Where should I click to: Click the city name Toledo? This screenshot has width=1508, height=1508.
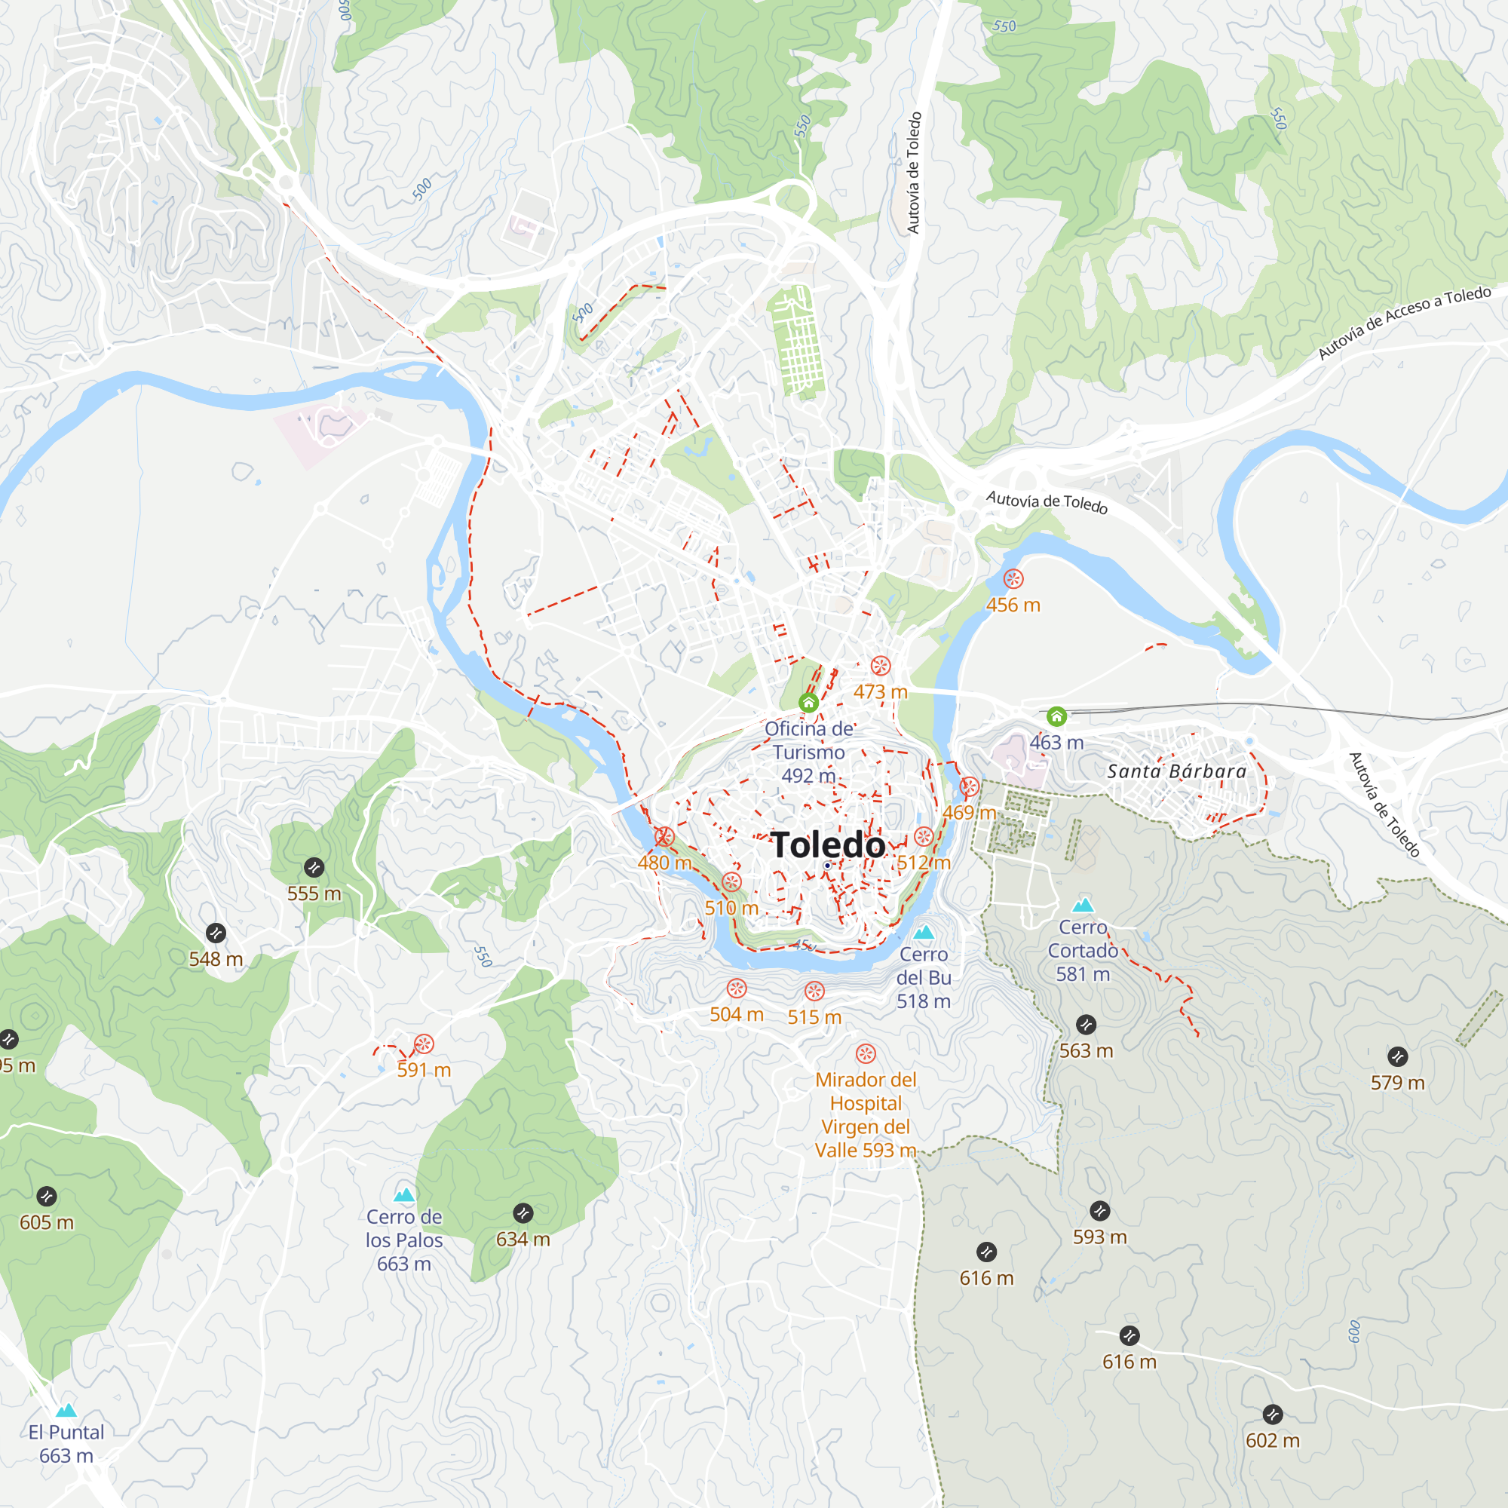[827, 845]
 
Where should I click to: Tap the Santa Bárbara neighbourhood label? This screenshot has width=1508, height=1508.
[1177, 772]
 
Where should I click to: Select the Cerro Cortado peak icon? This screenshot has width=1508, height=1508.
[1083, 906]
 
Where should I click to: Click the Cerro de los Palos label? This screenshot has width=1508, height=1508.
[403, 1240]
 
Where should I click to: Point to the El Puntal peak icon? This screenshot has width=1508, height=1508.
[66, 1411]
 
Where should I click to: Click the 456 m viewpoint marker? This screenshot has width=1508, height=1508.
[1013, 579]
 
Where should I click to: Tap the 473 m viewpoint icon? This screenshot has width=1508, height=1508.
[881, 666]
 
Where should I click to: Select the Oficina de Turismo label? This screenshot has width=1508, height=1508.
[808, 752]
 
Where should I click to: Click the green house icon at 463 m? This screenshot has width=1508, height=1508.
[1056, 716]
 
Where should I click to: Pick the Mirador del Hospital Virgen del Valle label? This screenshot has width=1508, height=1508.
[866, 1114]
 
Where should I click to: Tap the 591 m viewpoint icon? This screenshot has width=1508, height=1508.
[424, 1044]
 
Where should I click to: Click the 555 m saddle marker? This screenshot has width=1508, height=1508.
[314, 868]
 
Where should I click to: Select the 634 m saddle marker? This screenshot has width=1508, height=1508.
[523, 1213]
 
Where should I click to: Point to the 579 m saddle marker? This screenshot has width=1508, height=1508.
[1397, 1057]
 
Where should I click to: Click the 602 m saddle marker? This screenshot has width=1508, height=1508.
[1272, 1415]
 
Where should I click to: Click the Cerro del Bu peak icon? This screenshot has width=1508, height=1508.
[924, 932]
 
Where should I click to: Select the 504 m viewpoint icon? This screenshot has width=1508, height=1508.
[736, 989]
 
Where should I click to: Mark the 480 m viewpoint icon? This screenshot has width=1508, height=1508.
[664, 838]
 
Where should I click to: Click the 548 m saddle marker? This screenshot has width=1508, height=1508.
[216, 933]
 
